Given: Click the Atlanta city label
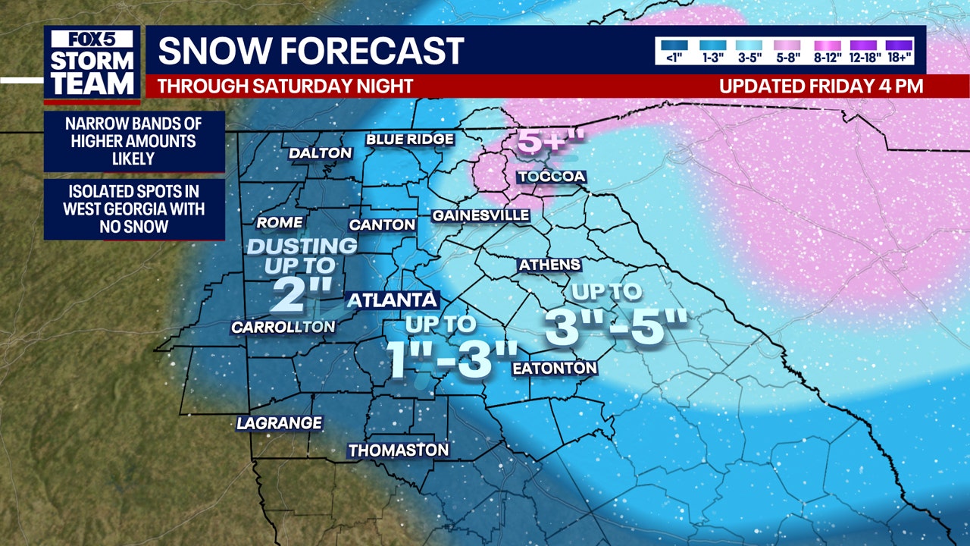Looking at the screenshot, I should [391, 300].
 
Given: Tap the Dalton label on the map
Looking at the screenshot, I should [321, 153].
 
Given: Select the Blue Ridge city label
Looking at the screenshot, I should [409, 140].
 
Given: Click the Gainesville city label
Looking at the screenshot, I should [480, 215].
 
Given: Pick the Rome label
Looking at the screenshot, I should [280, 223].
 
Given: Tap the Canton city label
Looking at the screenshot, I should [382, 225].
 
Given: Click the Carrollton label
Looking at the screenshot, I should [283, 328].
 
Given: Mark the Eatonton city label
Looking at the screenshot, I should [555, 369].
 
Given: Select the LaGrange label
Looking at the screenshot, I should [280, 423].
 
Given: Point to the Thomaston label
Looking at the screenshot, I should [399, 450].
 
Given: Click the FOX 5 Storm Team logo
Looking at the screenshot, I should [92, 64].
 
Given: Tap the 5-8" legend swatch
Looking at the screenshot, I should [787, 46].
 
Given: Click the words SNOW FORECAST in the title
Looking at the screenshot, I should [311, 51].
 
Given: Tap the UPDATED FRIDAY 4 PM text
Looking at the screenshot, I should [821, 86].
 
